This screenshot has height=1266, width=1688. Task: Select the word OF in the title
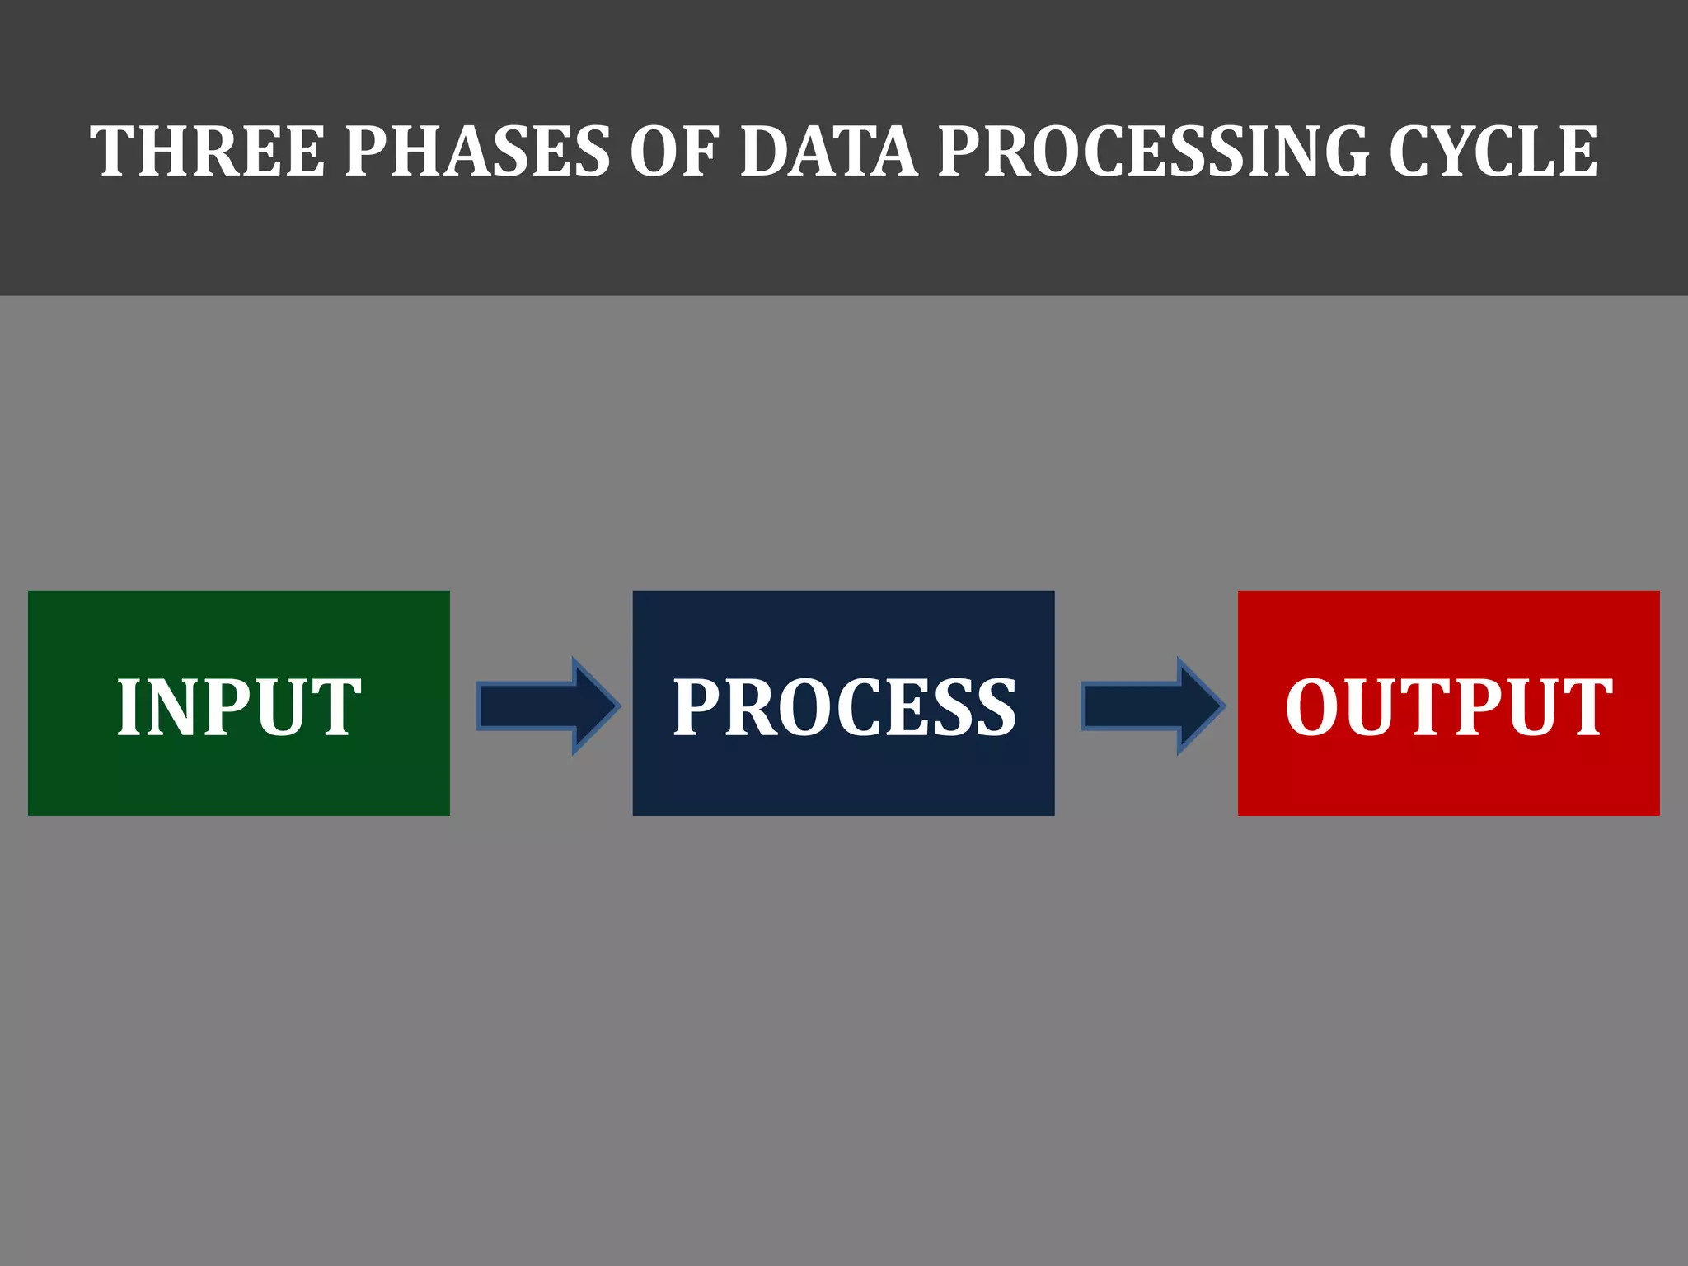675,151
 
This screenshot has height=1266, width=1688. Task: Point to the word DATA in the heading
829,151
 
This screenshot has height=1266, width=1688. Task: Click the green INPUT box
239,775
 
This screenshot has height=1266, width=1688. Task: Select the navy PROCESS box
843,775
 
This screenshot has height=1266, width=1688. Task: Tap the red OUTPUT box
1448,775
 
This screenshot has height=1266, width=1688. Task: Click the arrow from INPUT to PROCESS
547,706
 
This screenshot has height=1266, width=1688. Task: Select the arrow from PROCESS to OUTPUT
1152,706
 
